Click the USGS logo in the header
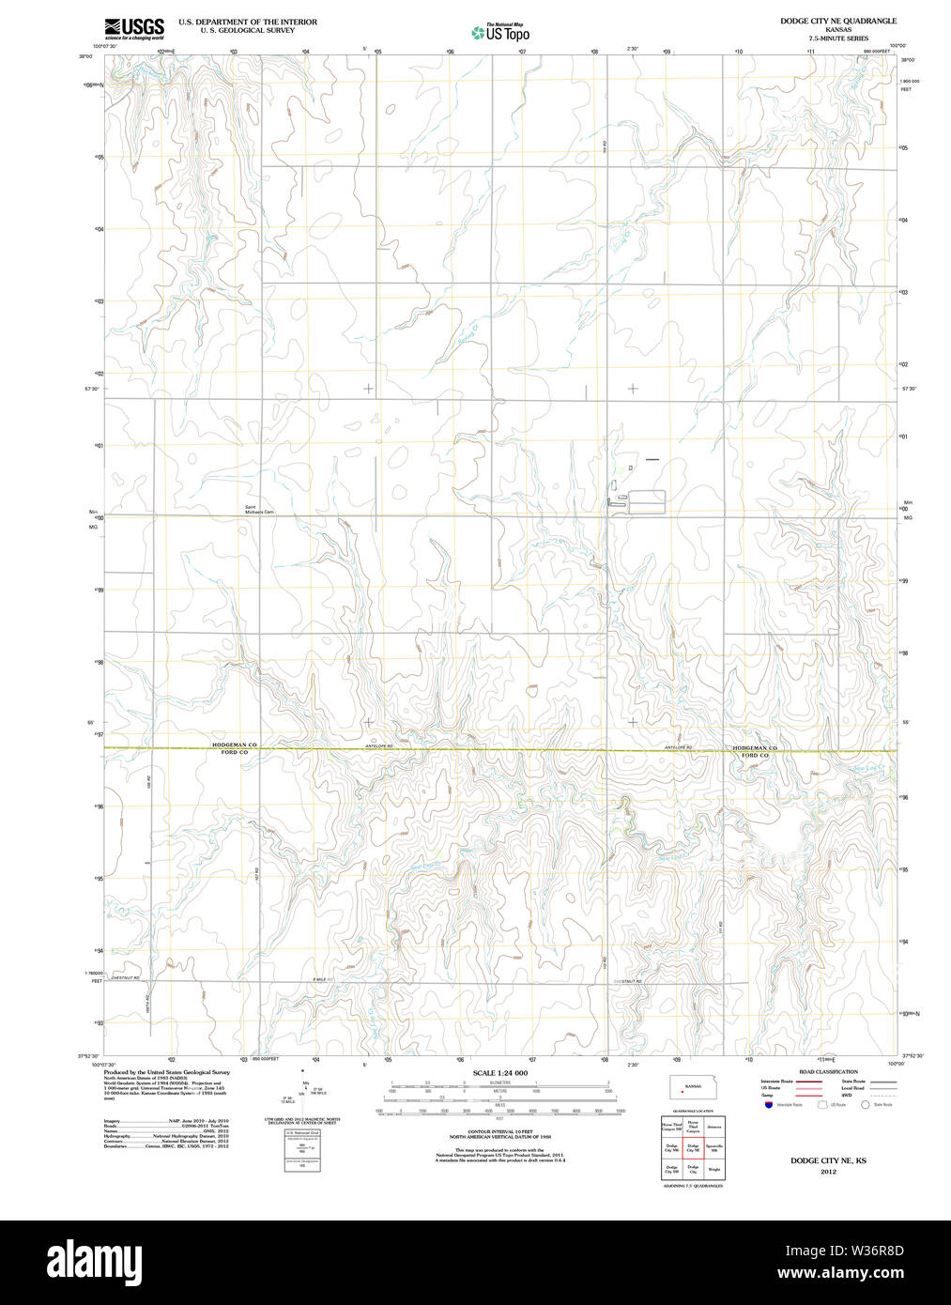click(133, 28)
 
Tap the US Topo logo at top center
click(501, 32)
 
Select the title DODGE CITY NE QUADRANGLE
click(824, 21)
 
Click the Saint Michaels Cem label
click(259, 510)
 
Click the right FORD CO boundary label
click(755, 755)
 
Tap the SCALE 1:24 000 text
click(499, 1073)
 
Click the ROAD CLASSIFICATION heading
click(828, 1071)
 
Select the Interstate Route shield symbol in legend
click(767, 1105)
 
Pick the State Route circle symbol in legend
click(866, 1105)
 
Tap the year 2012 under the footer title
click(828, 1172)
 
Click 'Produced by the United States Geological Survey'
click(166, 1072)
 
